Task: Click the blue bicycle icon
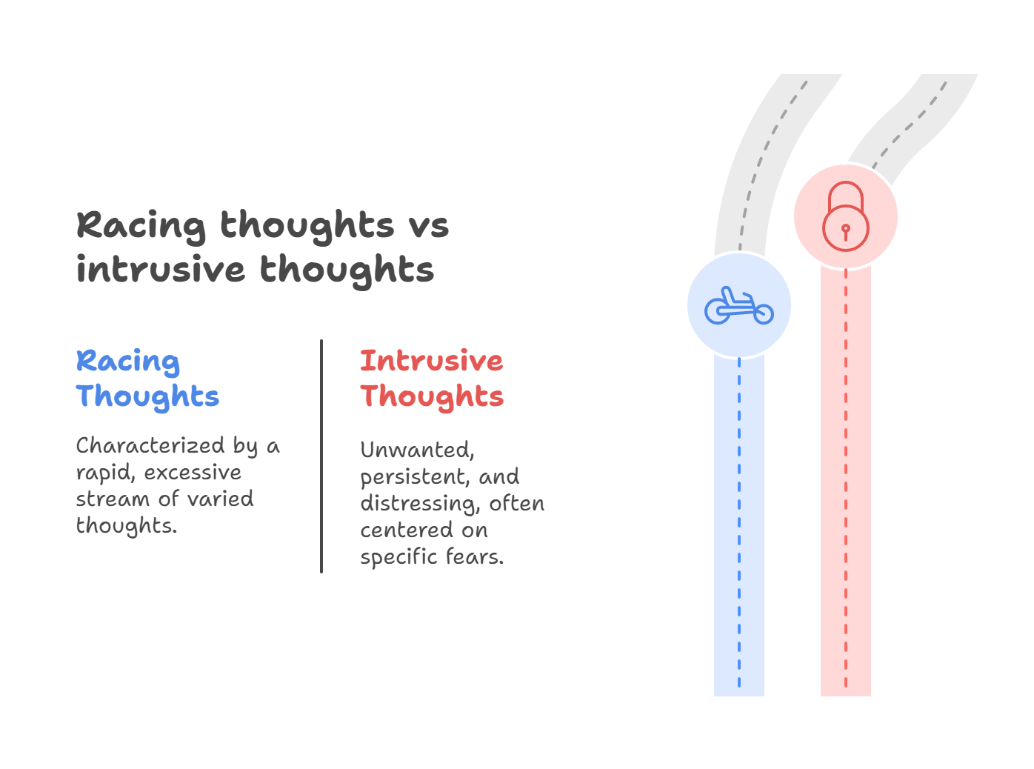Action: point(738,305)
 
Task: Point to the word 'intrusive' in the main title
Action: point(160,270)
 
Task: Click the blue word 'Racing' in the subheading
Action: point(127,362)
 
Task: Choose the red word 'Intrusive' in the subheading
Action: point(431,361)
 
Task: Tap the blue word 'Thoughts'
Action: point(147,396)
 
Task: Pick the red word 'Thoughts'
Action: point(432,396)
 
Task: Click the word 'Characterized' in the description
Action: point(150,445)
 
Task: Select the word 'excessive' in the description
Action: point(193,473)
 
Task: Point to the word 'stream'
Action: point(112,499)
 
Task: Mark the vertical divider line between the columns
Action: point(321,456)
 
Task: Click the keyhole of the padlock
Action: point(845,230)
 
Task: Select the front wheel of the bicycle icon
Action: point(763,314)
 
